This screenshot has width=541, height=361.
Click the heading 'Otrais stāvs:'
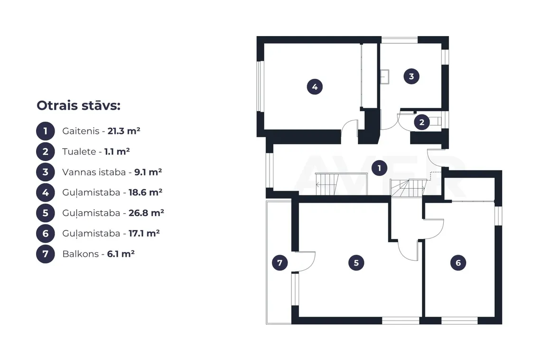click(x=78, y=105)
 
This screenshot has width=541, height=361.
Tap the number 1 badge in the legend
click(x=45, y=131)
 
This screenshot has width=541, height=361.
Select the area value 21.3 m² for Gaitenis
click(x=124, y=131)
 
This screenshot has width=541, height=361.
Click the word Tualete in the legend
click(x=79, y=152)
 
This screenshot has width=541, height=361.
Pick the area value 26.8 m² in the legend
click(x=146, y=213)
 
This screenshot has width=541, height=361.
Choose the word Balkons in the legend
click(x=80, y=254)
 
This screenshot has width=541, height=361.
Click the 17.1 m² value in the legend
click(x=144, y=234)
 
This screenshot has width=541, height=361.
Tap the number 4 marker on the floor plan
click(x=315, y=87)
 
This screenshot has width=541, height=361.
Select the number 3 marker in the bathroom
click(x=411, y=76)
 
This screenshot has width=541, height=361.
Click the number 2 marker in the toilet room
click(x=421, y=122)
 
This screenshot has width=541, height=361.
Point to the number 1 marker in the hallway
click(x=379, y=168)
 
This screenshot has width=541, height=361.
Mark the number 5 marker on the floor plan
click(x=356, y=263)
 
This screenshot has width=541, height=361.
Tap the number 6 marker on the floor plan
click(x=458, y=263)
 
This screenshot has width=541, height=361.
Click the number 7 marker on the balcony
click(x=280, y=263)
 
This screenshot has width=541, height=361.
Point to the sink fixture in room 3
click(x=385, y=76)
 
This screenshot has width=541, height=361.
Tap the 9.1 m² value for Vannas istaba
click(x=148, y=172)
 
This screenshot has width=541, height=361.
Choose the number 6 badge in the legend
click(x=45, y=234)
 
